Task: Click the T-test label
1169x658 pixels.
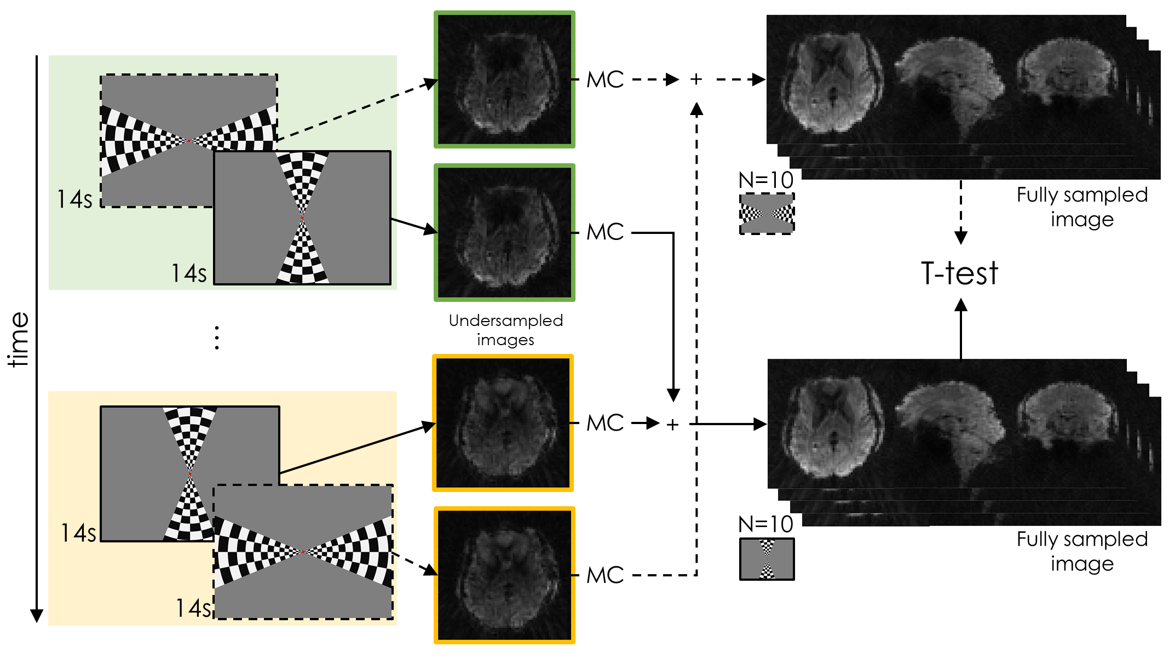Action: pos(960,273)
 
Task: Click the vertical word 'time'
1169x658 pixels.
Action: pos(19,339)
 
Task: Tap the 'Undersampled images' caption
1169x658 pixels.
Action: pos(505,330)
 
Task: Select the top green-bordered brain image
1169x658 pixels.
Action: pos(504,80)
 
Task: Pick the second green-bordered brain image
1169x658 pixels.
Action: pos(504,232)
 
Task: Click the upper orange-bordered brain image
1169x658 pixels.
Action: pos(503,423)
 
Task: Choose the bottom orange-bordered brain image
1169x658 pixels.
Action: pos(504,575)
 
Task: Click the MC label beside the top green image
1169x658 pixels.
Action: pos(605,80)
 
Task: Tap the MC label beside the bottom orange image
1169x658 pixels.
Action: pos(605,575)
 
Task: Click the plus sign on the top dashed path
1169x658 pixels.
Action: pos(696,79)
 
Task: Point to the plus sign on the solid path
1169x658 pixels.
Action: pos(673,424)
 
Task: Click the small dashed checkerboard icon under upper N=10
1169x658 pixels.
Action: pos(767,214)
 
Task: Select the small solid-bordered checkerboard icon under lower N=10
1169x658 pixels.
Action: pos(767,559)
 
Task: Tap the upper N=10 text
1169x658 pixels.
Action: pos(765,180)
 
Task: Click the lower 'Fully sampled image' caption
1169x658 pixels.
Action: pos(1082,551)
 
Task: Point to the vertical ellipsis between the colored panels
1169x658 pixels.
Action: pos(217,337)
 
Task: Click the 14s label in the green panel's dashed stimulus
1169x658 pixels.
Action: pos(74,199)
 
